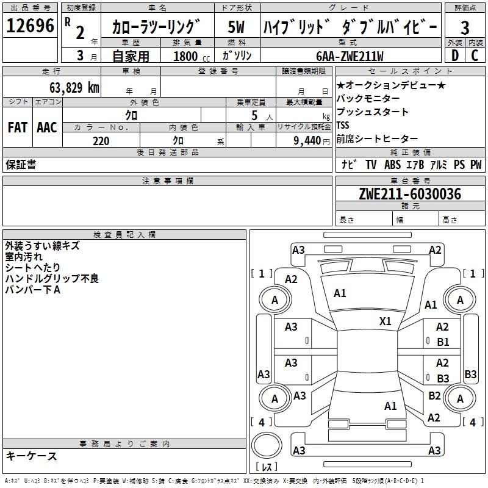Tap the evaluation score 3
465,27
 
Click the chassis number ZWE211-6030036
410,194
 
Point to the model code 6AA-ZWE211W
350,56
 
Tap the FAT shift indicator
18,127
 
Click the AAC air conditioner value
46,127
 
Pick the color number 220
101,141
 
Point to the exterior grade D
454,56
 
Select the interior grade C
475,56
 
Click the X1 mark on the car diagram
385,321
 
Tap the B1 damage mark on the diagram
443,342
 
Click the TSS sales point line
343,125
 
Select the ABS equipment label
392,165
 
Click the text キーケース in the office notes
31,456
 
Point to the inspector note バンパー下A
33,290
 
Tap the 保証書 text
21,164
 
